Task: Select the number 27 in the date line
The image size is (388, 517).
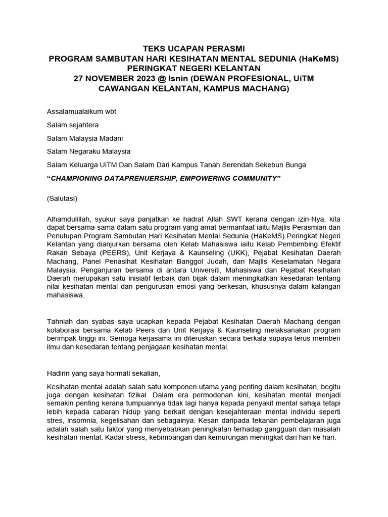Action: tap(79, 79)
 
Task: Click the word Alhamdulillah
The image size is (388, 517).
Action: tap(69, 219)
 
